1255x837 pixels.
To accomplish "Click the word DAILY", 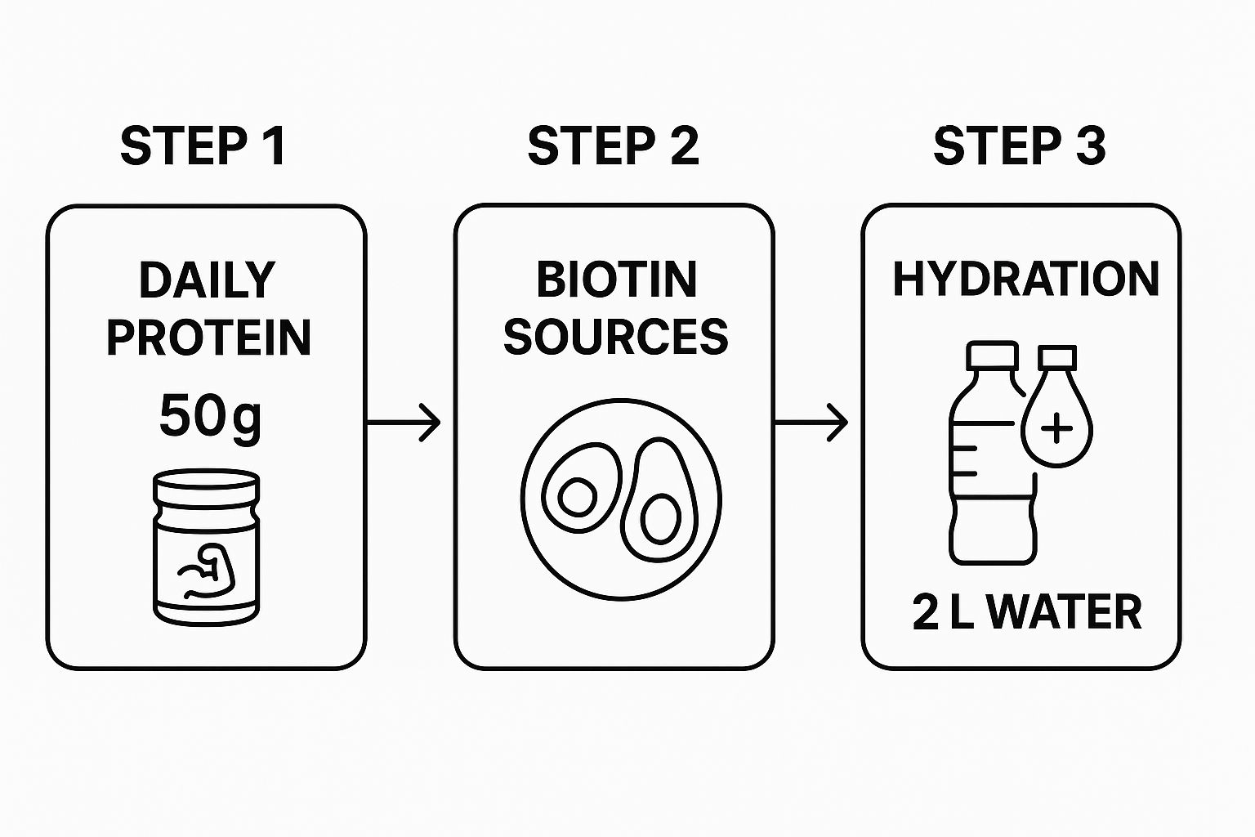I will [x=207, y=280].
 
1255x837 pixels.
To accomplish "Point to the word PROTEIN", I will [x=208, y=337].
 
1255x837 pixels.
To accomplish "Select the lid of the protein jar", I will [x=207, y=487].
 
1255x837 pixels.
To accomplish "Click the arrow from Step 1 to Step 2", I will [x=404, y=423].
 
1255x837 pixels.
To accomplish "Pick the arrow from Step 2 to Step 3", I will [x=811, y=423].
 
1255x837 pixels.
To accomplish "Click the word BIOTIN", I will [x=616, y=280].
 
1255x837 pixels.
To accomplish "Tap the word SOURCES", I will [x=615, y=337].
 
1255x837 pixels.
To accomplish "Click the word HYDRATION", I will [x=1025, y=280].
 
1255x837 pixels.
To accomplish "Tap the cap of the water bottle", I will [x=992, y=356].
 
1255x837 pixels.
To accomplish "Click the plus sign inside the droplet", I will [x=1057, y=428].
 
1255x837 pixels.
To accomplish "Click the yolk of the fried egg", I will [x=578, y=497].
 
